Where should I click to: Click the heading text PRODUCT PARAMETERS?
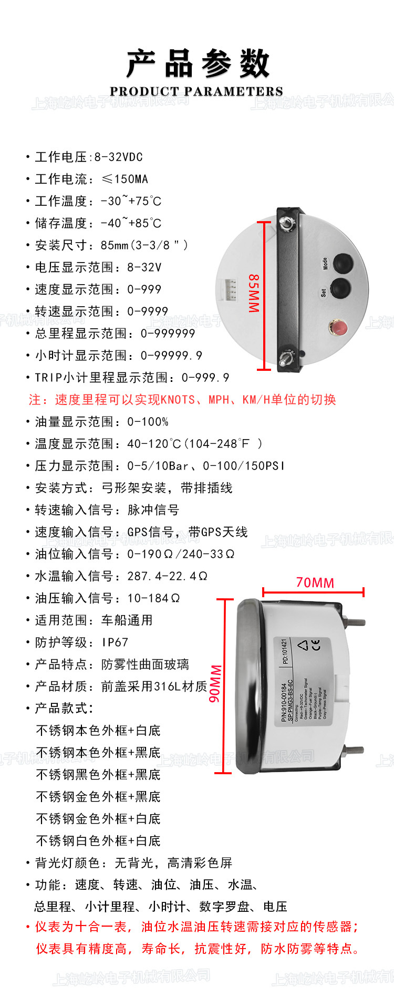click(196, 91)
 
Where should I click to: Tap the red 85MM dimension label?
click(254, 293)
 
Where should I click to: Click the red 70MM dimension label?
click(315, 583)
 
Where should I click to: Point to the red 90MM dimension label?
click(215, 683)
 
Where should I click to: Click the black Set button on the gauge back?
click(340, 288)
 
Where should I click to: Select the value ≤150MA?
click(125, 179)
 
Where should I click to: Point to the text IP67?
click(115, 642)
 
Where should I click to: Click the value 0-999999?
click(168, 334)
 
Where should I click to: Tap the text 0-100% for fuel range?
click(148, 422)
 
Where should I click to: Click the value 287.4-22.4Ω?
click(167, 576)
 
